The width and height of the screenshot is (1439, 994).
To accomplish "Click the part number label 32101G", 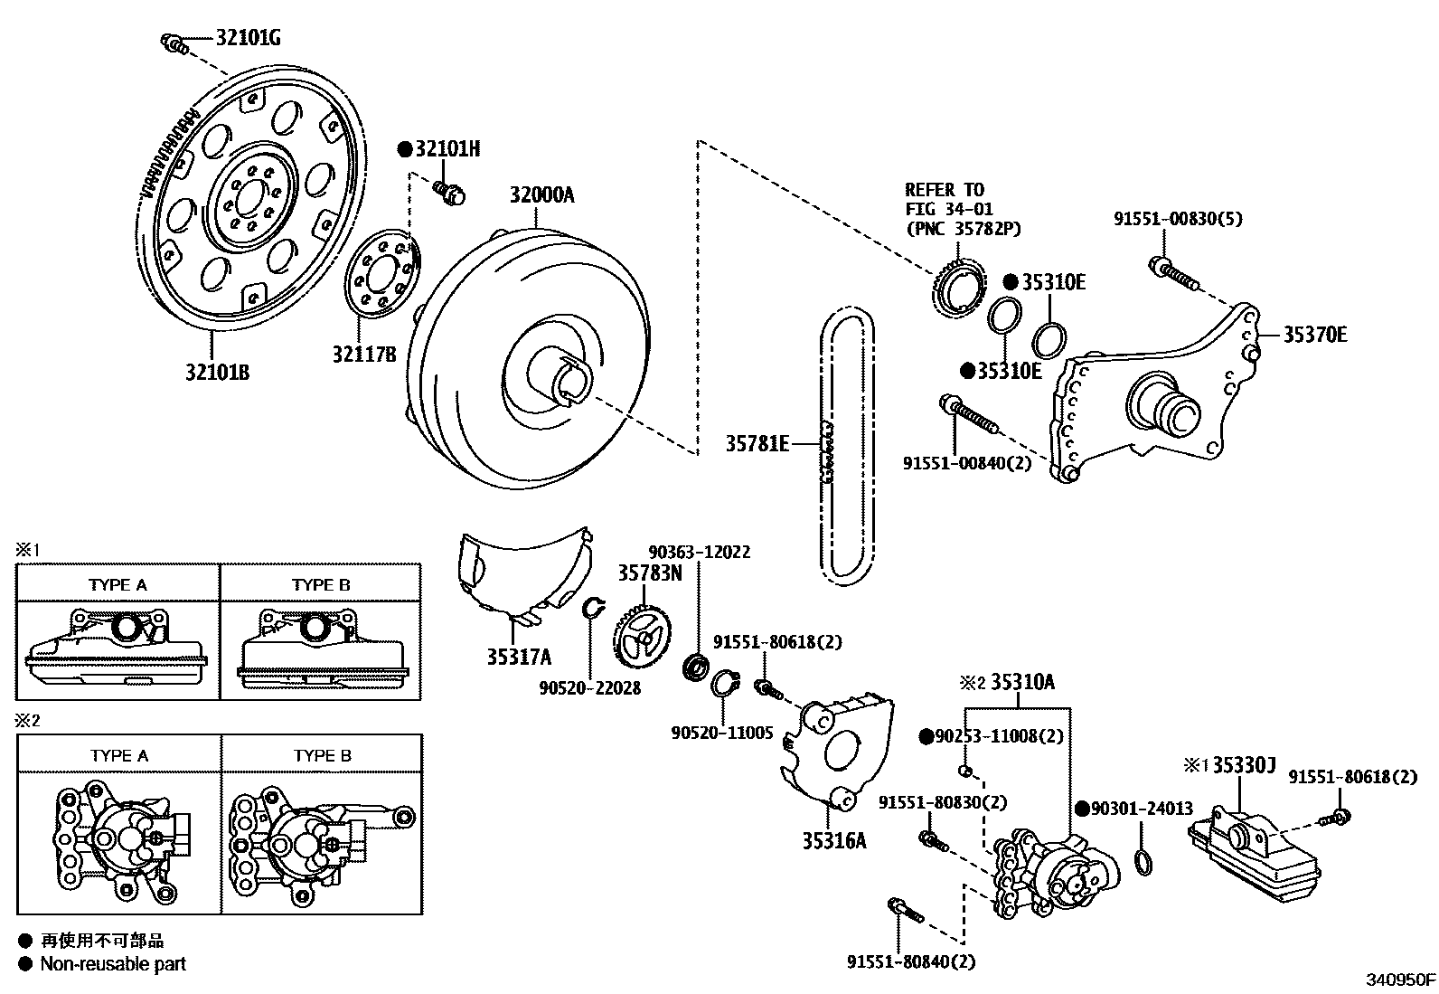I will [x=248, y=38].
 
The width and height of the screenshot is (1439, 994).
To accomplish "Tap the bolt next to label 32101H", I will [x=447, y=191].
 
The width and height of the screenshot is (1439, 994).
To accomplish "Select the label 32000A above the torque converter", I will [x=541, y=195].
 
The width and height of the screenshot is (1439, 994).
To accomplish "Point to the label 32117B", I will [x=363, y=355].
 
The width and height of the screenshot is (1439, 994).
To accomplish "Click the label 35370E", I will [x=1315, y=335].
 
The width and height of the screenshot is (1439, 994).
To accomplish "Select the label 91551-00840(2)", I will [x=966, y=463].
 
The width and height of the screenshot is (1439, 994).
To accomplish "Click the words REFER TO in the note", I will [x=944, y=190].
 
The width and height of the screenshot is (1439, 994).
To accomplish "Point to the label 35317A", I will [x=519, y=658].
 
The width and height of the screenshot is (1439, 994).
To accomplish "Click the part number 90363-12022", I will [x=699, y=552].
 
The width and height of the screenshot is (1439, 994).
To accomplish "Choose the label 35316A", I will [x=833, y=840].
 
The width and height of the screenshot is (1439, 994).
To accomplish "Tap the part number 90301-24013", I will [x=1143, y=809].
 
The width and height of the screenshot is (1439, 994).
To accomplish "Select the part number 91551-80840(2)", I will [x=911, y=962].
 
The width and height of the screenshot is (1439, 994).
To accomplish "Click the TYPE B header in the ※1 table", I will [x=321, y=584].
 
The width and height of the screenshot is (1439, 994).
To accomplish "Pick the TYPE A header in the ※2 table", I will [x=119, y=755].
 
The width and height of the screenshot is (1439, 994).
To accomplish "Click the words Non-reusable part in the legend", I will [x=113, y=964].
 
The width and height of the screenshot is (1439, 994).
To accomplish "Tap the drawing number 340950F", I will [x=1399, y=980].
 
